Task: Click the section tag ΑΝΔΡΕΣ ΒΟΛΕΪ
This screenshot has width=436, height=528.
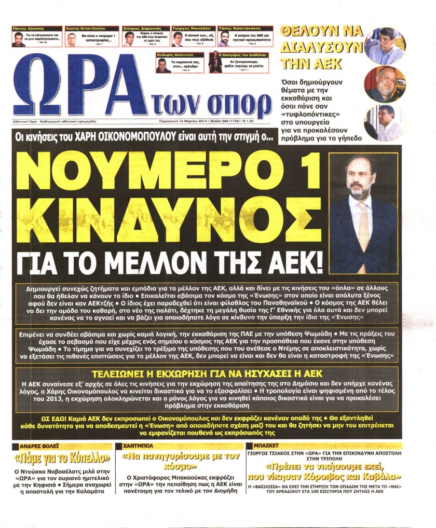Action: (39, 446)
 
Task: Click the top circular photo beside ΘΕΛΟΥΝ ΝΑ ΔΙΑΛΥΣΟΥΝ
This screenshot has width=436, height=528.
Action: (385, 46)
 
